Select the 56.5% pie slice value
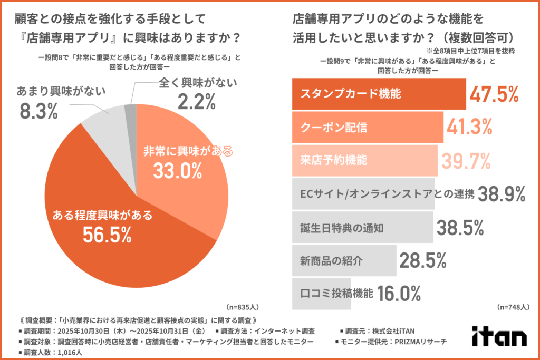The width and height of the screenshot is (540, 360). (107, 235)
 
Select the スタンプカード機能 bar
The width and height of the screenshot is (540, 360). (378, 94)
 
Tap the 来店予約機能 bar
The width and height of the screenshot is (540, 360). (364, 160)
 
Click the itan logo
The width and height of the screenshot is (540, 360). (499, 336)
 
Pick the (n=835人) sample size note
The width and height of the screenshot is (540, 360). (243, 306)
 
